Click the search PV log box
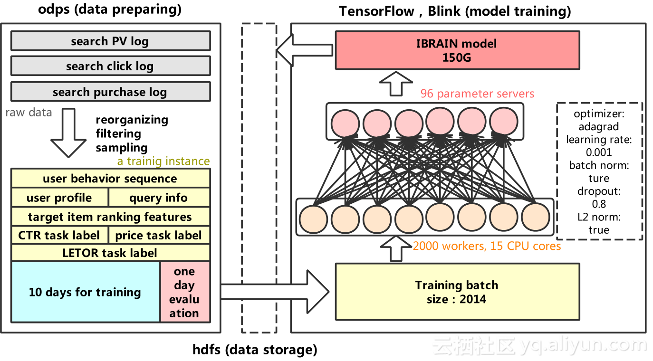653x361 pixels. pyautogui.click(x=110, y=41)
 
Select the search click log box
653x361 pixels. pyautogui.click(x=110, y=66)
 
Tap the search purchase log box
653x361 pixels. pyautogui.click(x=110, y=92)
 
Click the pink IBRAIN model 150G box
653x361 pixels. pyautogui.click(x=457, y=50)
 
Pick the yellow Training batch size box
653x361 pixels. pyautogui.click(x=457, y=292)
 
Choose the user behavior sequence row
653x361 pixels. pyautogui.click(x=110, y=179)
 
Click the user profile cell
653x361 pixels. pyautogui.click(x=59, y=198)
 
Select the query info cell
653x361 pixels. pyautogui.click(x=159, y=198)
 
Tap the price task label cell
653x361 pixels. pyautogui.click(x=159, y=235)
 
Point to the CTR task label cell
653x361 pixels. pyautogui.click(x=59, y=235)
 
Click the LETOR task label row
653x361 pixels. pyautogui.click(x=110, y=253)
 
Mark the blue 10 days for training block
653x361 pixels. pyautogui.click(x=85, y=292)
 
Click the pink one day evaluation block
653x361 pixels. pyautogui.click(x=184, y=292)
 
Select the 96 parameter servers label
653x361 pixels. pyautogui.click(x=477, y=94)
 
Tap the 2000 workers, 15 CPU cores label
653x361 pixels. pyautogui.click(x=487, y=246)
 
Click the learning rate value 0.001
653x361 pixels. pyautogui.click(x=598, y=152)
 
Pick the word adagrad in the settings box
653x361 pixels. pyautogui.click(x=598, y=127)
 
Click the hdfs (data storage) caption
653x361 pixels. pyautogui.click(x=255, y=350)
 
